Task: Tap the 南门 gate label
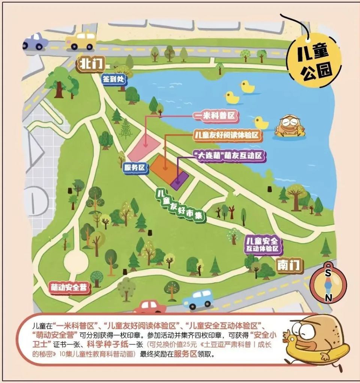(x=289, y=265)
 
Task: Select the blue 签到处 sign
(x=115, y=79)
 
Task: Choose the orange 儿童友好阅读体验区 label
(x=227, y=135)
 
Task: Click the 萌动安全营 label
(x=70, y=288)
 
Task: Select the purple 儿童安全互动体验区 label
(x=263, y=244)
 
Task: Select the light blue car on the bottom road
(x=198, y=299)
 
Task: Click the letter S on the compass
(x=328, y=273)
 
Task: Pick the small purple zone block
(x=180, y=180)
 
